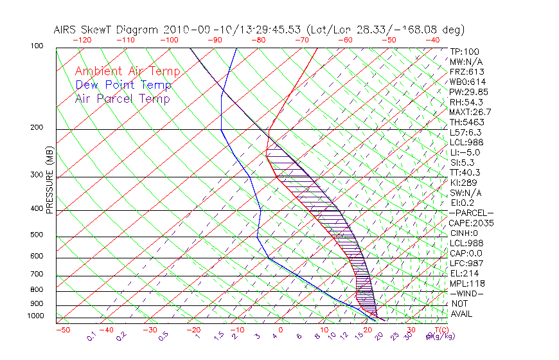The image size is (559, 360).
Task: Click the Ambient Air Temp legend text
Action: coord(127,71)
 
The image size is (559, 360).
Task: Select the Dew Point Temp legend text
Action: coord(123,85)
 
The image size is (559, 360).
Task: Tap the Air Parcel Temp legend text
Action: coord(122,98)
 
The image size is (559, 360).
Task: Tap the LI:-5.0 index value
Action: coord(465,152)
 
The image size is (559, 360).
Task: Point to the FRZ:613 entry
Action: coord(465,72)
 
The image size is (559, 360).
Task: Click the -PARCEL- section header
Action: coord(471,213)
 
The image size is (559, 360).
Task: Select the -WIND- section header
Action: coord(467,293)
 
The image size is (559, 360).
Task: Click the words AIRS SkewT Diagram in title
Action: coord(107,30)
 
